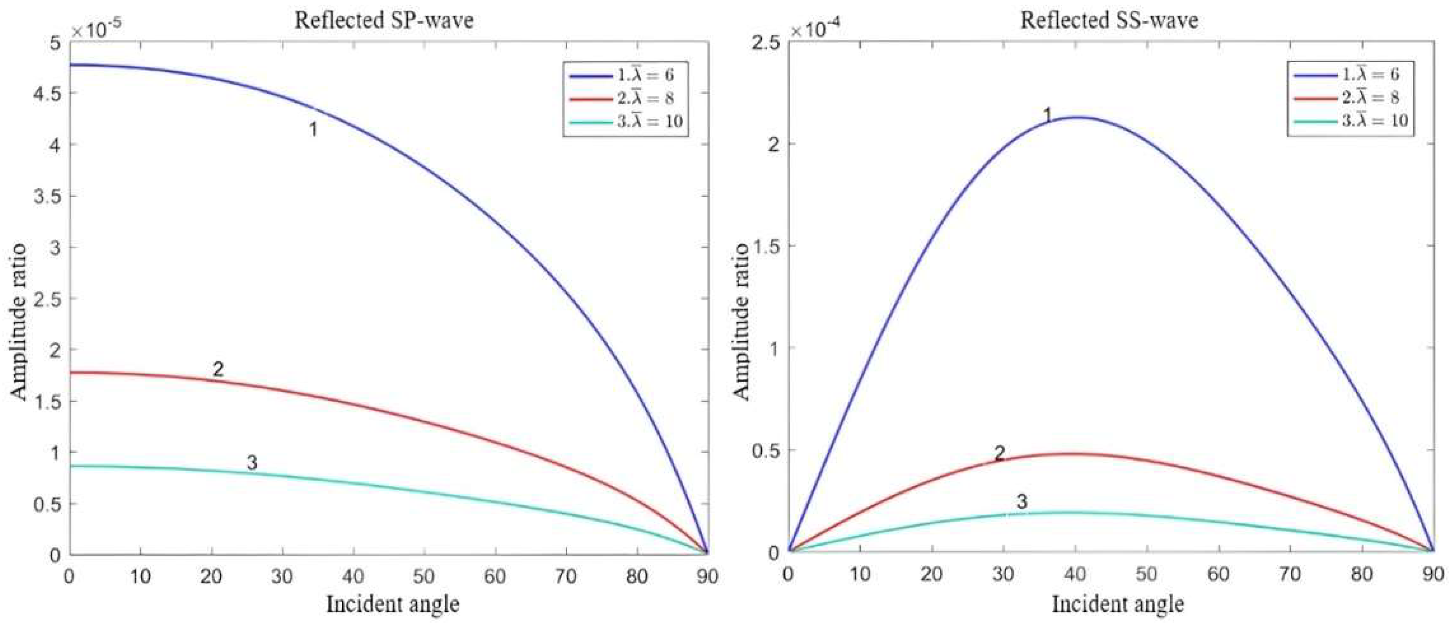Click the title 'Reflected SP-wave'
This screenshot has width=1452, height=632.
pos(384,20)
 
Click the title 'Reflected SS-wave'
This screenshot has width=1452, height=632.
pos(1109,20)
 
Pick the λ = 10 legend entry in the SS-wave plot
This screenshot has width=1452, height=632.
pos(1348,120)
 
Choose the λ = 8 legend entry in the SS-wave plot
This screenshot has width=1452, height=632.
pos(1348,98)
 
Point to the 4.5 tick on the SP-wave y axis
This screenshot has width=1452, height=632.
pos(48,93)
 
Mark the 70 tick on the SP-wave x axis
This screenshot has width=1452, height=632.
pos(565,576)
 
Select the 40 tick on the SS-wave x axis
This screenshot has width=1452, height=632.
pos(1074,575)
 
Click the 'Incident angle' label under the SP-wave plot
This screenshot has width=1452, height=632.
pos(393,604)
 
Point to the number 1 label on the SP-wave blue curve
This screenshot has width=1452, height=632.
pos(313,130)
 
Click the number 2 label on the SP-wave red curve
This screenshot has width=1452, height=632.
pos(218,369)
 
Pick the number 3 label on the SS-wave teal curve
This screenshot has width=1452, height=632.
pos(1022,501)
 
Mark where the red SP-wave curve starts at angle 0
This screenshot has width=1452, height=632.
pos(70,372)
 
